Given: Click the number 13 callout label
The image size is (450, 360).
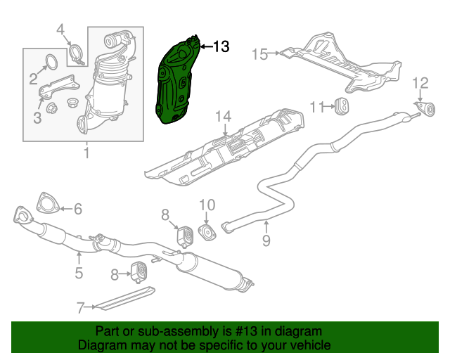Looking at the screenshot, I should [x=220, y=47].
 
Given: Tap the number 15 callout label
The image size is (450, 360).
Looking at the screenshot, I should [x=259, y=54].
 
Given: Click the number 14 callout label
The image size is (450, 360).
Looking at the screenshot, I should [x=223, y=116].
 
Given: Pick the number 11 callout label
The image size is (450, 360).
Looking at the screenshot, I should [x=316, y=107].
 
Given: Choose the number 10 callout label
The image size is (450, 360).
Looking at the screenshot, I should [x=207, y=205].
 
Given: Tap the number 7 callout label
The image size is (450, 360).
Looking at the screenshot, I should [x=81, y=307].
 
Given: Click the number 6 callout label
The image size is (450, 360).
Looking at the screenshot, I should [x=77, y=208].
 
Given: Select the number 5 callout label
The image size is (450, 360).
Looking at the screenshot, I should [x=79, y=273].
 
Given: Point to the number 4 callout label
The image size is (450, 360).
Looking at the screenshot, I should [x=60, y=29].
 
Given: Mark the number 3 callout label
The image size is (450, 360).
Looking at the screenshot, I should [x=37, y=119].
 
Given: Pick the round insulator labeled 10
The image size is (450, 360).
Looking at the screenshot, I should [x=207, y=232].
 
